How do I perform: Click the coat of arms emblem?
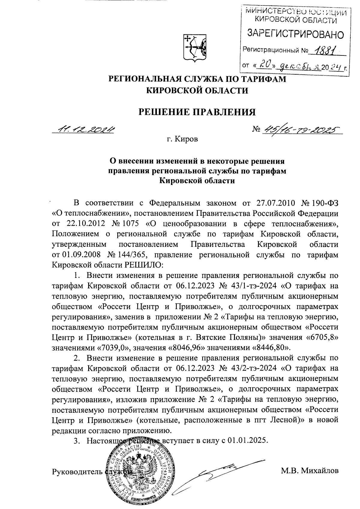pyautogui.click(x=195, y=48)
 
